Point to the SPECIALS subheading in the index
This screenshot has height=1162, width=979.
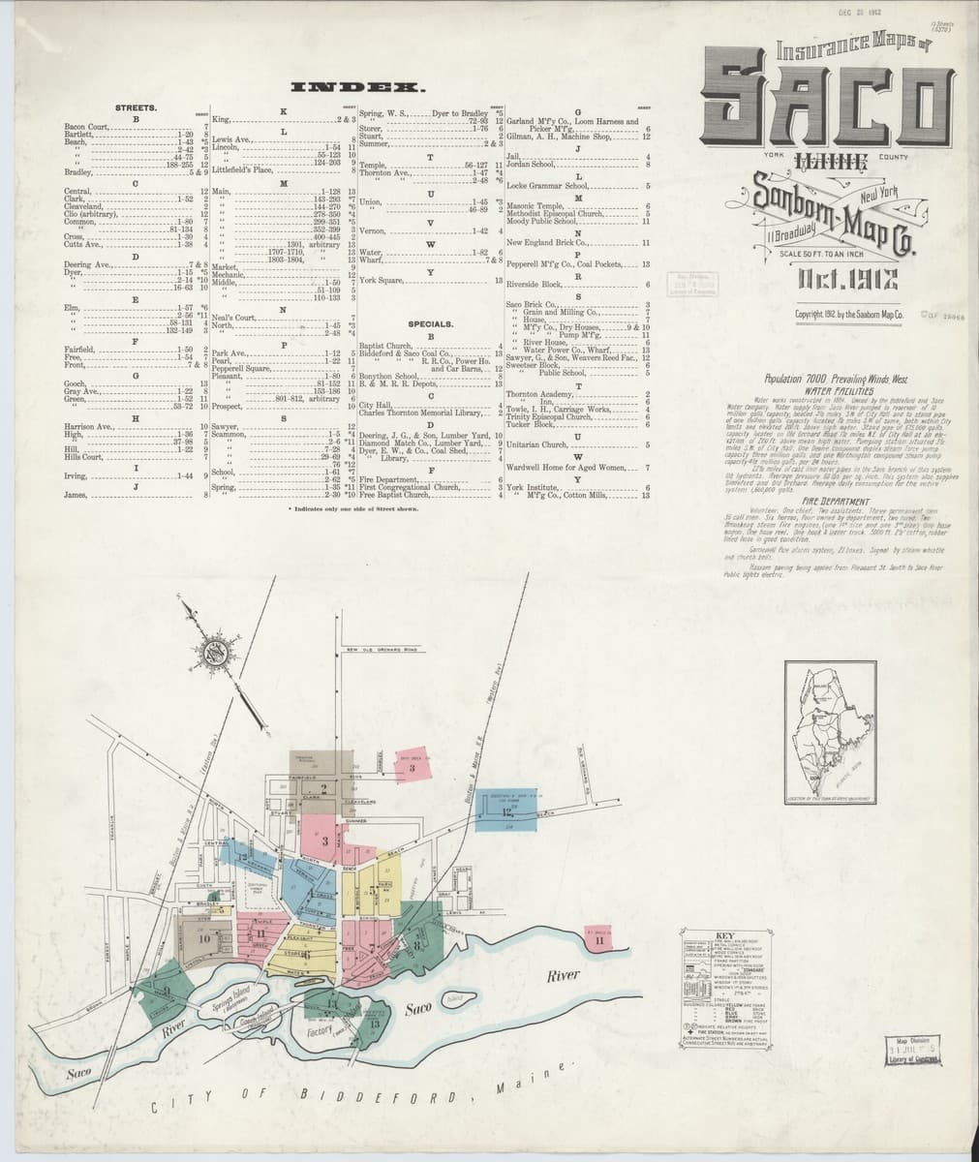click(432, 323)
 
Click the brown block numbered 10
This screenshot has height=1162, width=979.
click(205, 937)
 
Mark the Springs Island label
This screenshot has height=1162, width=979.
click(230, 1002)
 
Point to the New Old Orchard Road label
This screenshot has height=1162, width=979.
click(382, 648)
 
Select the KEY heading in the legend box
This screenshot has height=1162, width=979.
click(723, 935)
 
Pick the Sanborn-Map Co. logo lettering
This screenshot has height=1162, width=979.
click(823, 220)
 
